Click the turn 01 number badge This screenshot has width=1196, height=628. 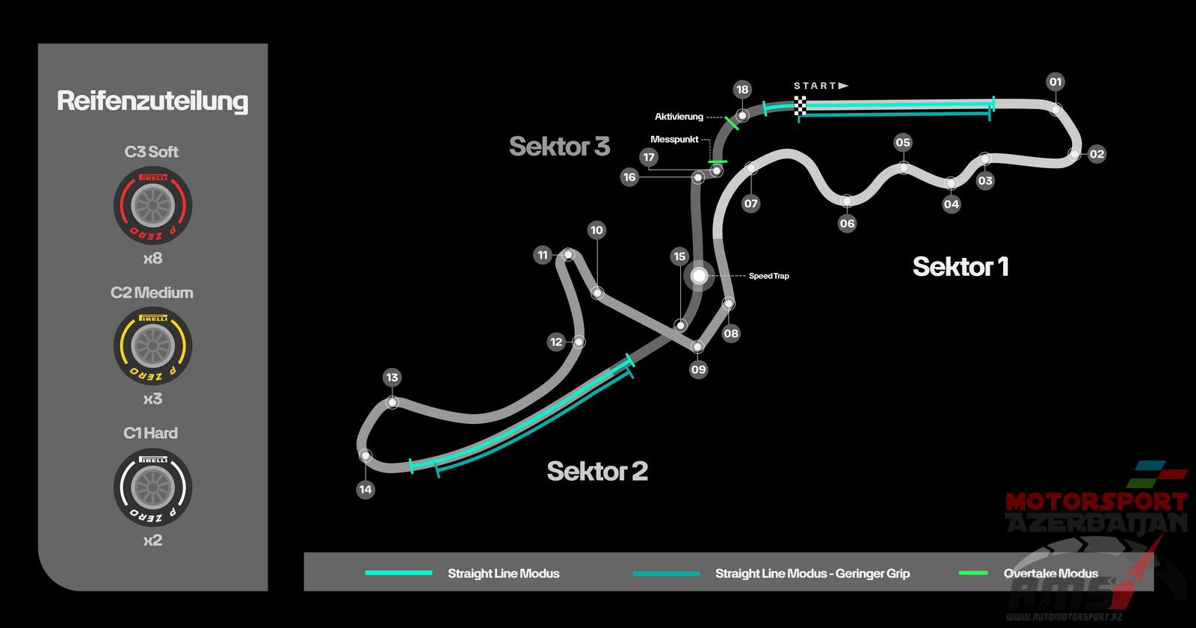(1055, 82)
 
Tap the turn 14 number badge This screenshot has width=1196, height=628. (365, 490)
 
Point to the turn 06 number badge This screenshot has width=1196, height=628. (847, 223)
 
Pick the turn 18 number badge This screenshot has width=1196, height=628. (742, 90)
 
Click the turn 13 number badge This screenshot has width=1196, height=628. (392, 378)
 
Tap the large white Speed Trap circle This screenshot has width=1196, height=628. (699, 276)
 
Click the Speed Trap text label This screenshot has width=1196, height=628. (769, 276)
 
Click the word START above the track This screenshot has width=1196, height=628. (815, 86)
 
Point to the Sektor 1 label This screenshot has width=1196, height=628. (961, 267)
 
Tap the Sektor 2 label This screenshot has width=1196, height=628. (597, 471)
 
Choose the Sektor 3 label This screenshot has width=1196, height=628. (559, 146)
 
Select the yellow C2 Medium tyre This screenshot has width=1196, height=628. (153, 345)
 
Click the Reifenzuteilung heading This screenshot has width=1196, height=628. (152, 101)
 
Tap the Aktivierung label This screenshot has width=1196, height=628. (679, 117)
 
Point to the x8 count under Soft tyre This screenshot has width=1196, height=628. (152, 259)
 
